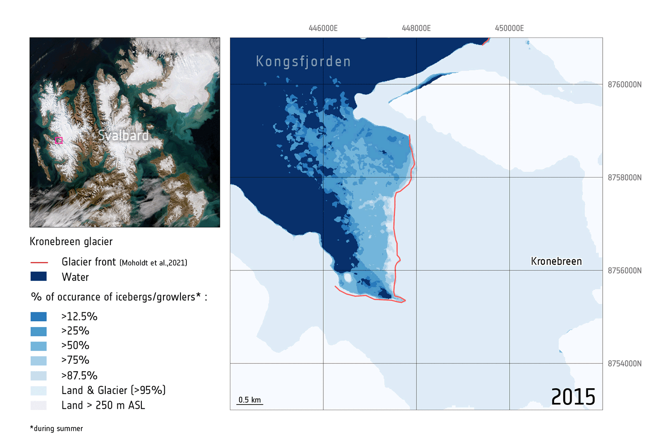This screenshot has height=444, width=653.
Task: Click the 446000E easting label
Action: click(x=323, y=28)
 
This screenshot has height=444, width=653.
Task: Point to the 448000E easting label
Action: click(x=416, y=28)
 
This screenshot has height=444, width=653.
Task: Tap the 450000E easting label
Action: click(x=509, y=28)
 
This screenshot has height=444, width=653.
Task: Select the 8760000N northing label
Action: click(x=624, y=84)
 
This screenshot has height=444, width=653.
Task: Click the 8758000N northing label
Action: click(x=624, y=177)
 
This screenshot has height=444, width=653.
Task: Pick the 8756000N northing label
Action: click(x=624, y=270)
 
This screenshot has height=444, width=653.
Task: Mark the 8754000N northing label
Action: click(x=624, y=363)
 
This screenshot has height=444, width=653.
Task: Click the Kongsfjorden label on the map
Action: click(x=303, y=62)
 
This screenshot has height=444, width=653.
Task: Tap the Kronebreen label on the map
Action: click(x=556, y=262)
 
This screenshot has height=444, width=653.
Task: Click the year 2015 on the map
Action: click(x=573, y=397)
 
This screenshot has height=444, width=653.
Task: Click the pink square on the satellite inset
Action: click(x=59, y=140)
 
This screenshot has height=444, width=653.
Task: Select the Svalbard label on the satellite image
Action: click(x=123, y=135)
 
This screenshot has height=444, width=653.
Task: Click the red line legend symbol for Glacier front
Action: click(x=39, y=263)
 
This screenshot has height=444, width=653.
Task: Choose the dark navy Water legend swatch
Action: click(x=39, y=277)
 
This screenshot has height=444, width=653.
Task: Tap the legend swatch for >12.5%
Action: click(x=39, y=317)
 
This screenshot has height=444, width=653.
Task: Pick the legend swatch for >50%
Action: click(x=39, y=346)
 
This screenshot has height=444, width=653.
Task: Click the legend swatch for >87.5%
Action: click(x=39, y=376)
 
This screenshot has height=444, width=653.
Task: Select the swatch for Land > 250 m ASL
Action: click(x=39, y=406)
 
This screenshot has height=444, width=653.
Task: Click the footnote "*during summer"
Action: click(x=57, y=429)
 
